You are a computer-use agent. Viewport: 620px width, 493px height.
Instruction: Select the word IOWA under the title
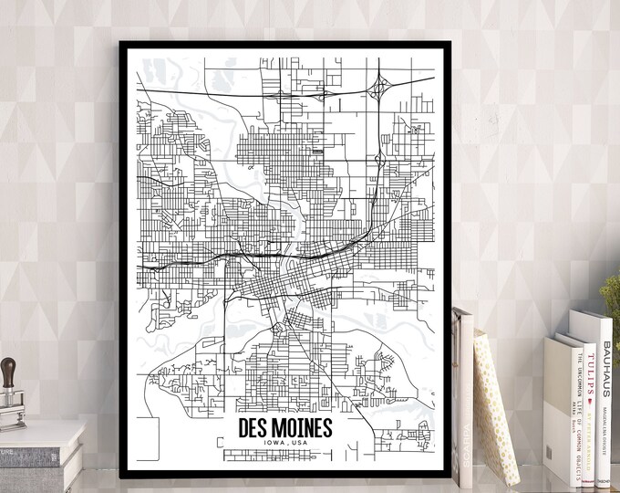click(272, 444)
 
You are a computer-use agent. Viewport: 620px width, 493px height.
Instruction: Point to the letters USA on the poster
click(300, 444)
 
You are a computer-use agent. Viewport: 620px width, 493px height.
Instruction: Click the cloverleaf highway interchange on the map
click(379, 89)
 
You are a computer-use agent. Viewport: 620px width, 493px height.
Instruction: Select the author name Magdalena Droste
click(605, 429)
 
